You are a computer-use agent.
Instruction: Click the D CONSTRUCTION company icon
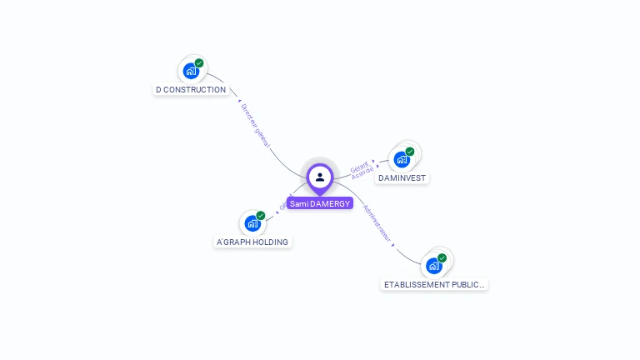[191, 71]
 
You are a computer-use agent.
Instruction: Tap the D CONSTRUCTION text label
[191, 89]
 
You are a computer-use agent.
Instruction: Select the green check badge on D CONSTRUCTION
[199, 63]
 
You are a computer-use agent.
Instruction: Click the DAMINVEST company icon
[402, 159]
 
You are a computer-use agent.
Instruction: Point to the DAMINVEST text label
[402, 178]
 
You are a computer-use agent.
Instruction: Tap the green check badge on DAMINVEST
[410, 152]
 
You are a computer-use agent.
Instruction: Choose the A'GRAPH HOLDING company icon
[252, 223]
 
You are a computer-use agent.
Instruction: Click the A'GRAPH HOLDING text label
[252, 242]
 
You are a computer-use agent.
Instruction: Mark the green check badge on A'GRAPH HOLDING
[261, 216]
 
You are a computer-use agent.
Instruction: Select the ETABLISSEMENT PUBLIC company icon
[433, 266]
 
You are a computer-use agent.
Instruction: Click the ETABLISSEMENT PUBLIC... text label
[434, 284]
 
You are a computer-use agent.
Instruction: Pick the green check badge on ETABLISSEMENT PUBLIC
[442, 258]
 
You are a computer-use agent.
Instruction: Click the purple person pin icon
[320, 177]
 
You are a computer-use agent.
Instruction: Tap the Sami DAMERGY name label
[320, 203]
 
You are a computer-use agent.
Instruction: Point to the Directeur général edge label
[255, 126]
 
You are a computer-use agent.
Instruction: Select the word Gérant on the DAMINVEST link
[358, 165]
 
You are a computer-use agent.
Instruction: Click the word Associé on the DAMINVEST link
[362, 172]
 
